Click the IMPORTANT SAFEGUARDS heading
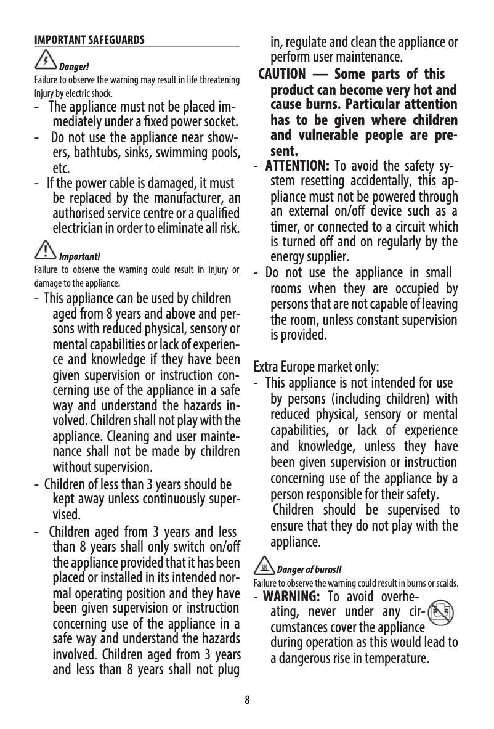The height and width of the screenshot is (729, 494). [x=89, y=41]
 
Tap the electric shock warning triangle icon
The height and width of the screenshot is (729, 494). [x=45, y=60]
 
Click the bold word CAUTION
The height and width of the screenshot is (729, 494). [x=281, y=75]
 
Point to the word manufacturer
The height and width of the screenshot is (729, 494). [x=192, y=198]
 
